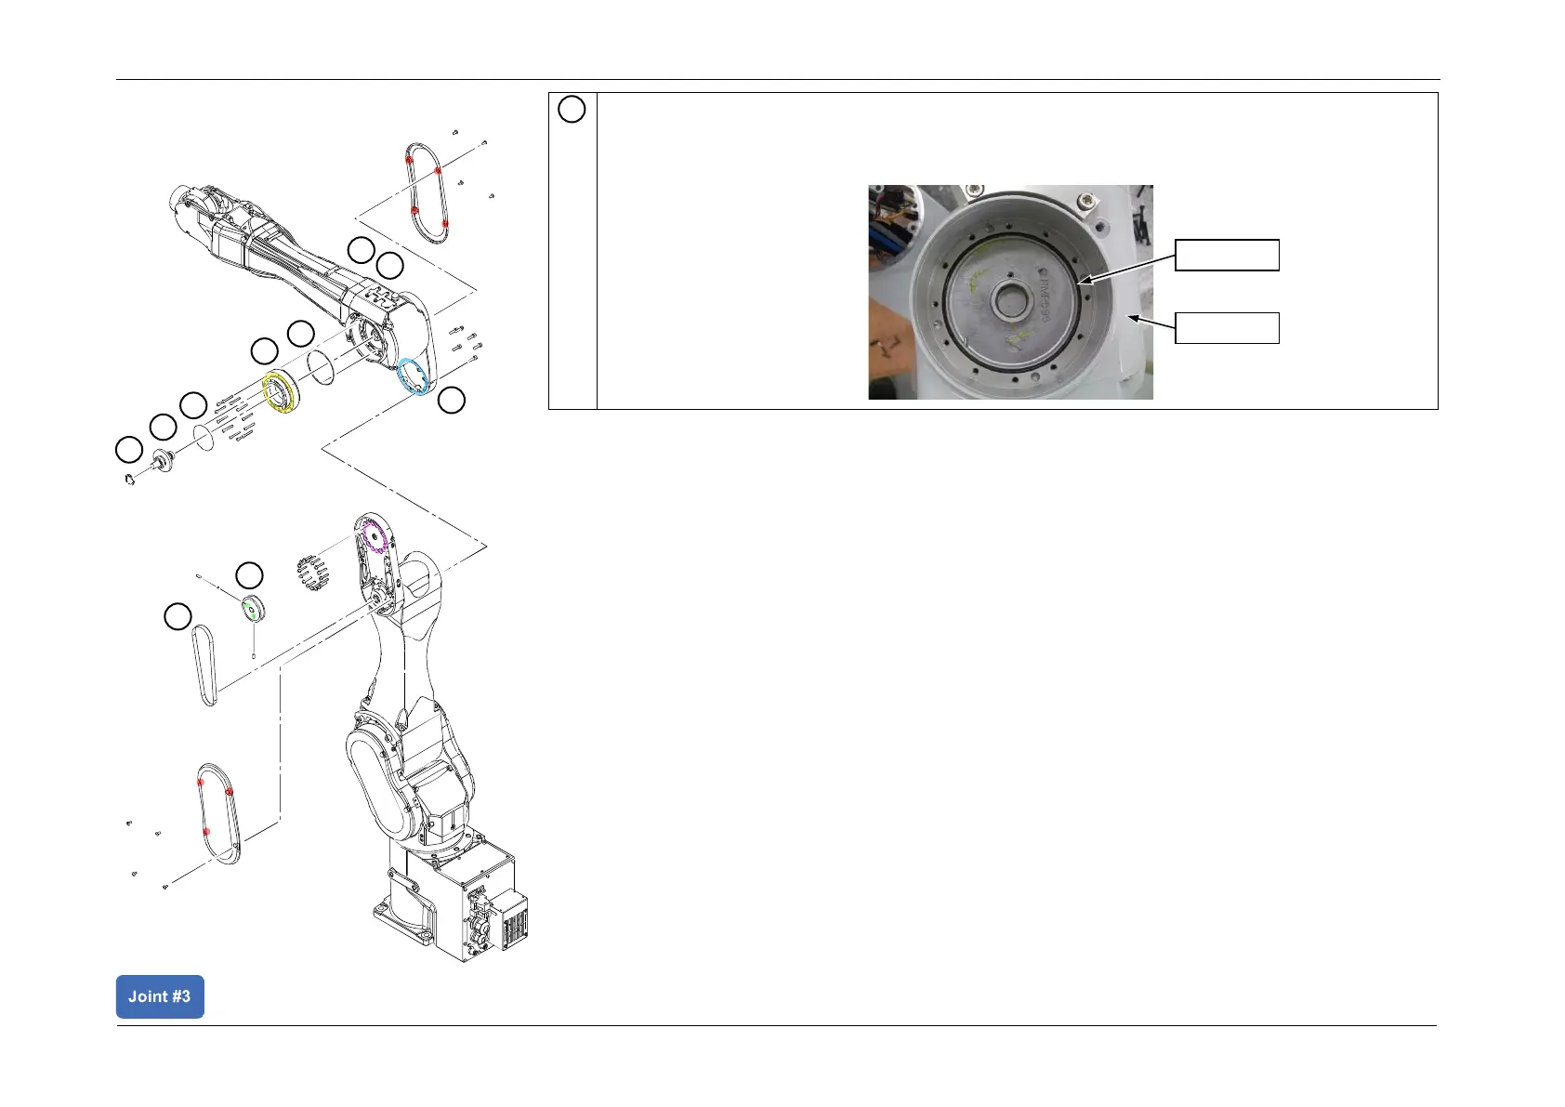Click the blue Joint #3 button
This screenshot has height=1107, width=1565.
[160, 996]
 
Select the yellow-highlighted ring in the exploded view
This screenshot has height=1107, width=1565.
[280, 392]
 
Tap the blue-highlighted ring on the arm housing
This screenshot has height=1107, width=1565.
[413, 377]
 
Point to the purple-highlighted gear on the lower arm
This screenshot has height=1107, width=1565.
[374, 537]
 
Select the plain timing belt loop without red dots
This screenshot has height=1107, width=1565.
[205, 665]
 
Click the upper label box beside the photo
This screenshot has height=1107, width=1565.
[1227, 255]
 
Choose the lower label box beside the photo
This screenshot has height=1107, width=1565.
[1227, 327]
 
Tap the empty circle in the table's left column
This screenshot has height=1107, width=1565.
[572, 110]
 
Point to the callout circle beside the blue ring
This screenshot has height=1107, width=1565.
[452, 401]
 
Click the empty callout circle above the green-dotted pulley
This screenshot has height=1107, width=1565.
[249, 574]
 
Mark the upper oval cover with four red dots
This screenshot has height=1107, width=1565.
[428, 192]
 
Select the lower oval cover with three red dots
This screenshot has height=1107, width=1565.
[219, 814]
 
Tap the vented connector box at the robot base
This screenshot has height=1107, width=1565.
[508, 920]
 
